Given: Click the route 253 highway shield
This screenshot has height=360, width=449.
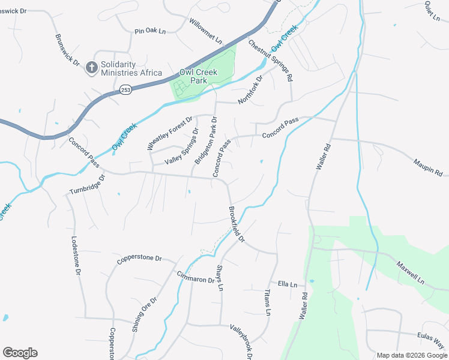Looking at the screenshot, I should point(125,90).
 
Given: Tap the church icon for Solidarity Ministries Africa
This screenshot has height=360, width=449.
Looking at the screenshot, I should point(92,67).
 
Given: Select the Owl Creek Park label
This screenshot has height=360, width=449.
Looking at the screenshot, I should point(198,76).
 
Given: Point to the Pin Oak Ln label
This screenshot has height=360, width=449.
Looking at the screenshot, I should point(149,31).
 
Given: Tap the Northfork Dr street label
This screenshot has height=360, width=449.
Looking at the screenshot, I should point(251,90).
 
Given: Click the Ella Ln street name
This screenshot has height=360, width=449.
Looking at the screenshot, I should point(288,284).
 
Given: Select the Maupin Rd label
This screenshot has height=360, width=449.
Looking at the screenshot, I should point(427,163).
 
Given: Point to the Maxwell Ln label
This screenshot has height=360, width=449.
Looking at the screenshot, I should point(410,272).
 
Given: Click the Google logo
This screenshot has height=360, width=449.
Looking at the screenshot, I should point(20,353).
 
